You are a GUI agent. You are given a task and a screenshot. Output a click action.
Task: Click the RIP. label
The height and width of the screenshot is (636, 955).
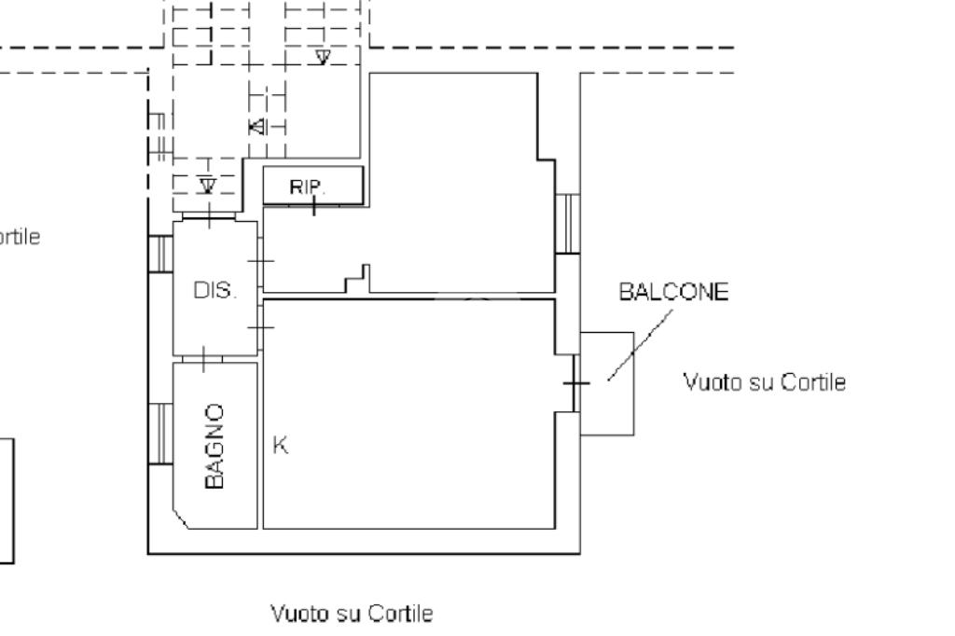point(308,187)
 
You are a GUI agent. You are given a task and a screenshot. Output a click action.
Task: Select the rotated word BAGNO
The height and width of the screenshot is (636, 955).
point(215,446)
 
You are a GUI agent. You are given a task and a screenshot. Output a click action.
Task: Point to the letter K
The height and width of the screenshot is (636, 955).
point(280,446)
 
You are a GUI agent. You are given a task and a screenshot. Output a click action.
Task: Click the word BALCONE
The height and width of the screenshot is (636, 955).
point(673,292)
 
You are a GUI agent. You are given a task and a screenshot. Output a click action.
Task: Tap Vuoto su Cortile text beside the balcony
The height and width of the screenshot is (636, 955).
point(765,382)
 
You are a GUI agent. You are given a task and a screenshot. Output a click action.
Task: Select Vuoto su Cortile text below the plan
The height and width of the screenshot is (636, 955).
point(352,614)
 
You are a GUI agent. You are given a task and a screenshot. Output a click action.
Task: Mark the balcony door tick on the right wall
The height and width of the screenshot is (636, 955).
point(576,383)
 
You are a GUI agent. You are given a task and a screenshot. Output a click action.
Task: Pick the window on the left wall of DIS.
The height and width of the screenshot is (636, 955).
point(161,254)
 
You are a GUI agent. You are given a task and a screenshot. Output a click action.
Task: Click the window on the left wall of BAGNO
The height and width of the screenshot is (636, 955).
point(161,434)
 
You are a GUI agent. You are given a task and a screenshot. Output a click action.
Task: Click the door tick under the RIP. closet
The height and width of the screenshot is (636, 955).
point(314,205)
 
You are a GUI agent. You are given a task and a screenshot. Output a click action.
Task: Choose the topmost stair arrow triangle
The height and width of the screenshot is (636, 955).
point(323,58)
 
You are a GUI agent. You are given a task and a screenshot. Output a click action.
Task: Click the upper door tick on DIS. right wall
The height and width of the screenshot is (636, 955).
point(262,261)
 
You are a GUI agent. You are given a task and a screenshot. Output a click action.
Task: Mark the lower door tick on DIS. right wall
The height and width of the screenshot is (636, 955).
point(262,326)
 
